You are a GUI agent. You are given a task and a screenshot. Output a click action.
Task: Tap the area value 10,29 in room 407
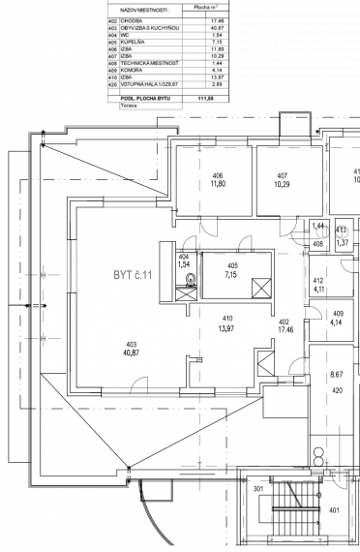click(282, 184)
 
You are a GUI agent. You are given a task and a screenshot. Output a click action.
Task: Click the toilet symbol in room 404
click(192, 281)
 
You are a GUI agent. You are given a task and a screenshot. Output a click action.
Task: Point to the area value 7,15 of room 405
click(232, 274)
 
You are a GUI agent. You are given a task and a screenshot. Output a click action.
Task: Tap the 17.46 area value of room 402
click(285, 330)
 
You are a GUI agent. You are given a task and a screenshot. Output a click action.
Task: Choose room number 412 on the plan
click(318, 281)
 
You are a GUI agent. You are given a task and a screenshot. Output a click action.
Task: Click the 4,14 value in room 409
click(339, 322)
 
